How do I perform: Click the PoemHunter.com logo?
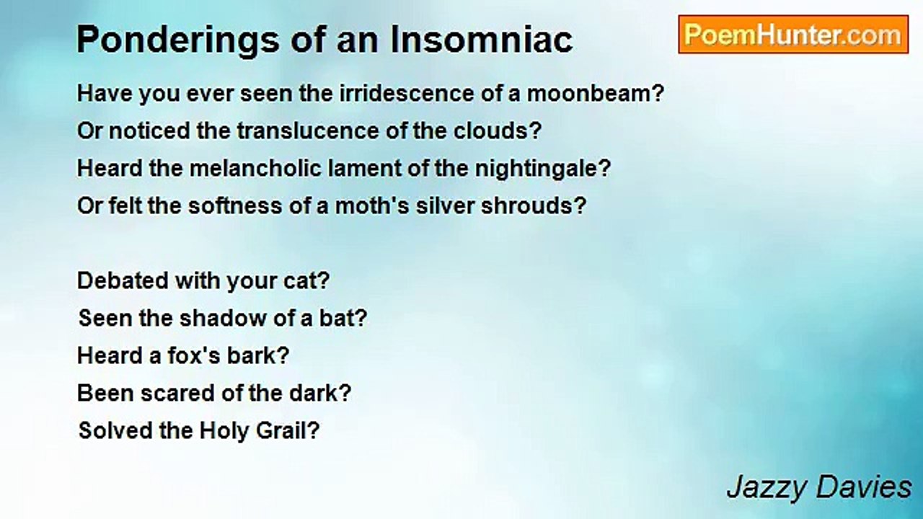click(x=793, y=35)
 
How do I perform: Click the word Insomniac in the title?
click(x=482, y=40)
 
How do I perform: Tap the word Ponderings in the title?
click(x=178, y=40)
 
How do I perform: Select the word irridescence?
click(x=406, y=94)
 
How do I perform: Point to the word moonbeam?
click(x=596, y=94)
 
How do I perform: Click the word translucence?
click(x=308, y=131)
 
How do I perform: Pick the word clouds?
click(x=497, y=131)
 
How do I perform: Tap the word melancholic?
click(x=255, y=169)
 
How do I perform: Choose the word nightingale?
click(x=542, y=169)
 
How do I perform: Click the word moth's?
click(x=372, y=205)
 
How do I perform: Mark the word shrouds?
click(x=533, y=205)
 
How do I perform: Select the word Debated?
click(x=123, y=280)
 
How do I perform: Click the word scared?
click(x=177, y=393)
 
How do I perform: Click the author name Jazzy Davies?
click(x=819, y=489)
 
